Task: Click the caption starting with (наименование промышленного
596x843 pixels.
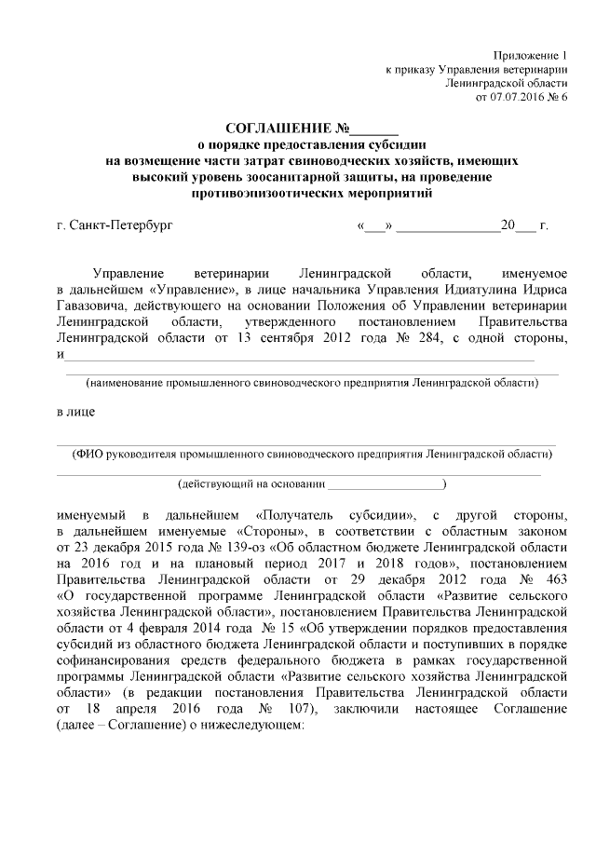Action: [311, 383]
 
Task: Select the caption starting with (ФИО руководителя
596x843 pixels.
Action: [311, 454]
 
